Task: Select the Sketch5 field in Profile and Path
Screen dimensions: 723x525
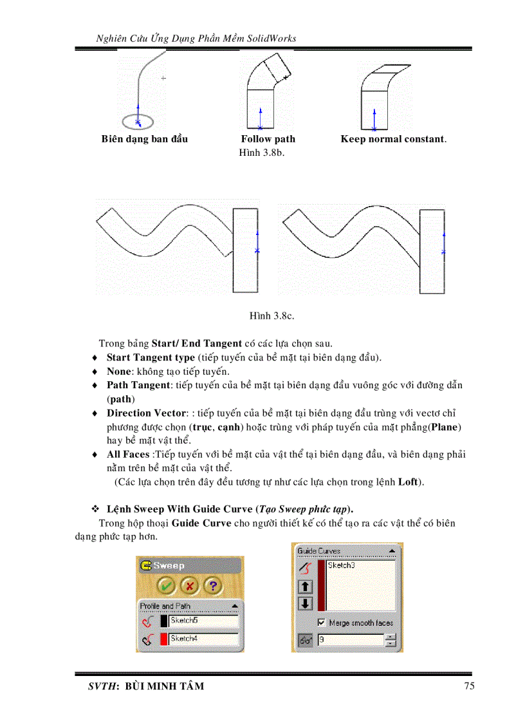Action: pyautogui.click(x=203, y=621)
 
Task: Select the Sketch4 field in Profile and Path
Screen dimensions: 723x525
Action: pyautogui.click(x=203, y=639)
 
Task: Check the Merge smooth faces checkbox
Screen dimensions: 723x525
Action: pyautogui.click(x=321, y=623)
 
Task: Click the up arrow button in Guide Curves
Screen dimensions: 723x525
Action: pyautogui.click(x=305, y=587)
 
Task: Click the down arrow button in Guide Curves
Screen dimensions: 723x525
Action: pyautogui.click(x=305, y=603)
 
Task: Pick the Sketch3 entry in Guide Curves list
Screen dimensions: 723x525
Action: pyautogui.click(x=341, y=565)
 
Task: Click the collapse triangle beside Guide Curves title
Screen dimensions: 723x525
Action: pyautogui.click(x=391, y=551)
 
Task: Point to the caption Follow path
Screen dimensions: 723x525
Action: pyautogui.click(x=268, y=139)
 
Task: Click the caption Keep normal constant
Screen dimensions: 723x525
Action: pyautogui.click(x=392, y=139)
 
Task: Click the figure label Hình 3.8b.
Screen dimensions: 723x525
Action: pyautogui.click(x=261, y=153)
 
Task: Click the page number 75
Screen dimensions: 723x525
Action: pyautogui.click(x=469, y=686)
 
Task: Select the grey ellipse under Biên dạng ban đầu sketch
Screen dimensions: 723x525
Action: pyautogui.click(x=137, y=120)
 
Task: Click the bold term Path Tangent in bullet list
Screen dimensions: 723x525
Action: pyautogui.click(x=138, y=385)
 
